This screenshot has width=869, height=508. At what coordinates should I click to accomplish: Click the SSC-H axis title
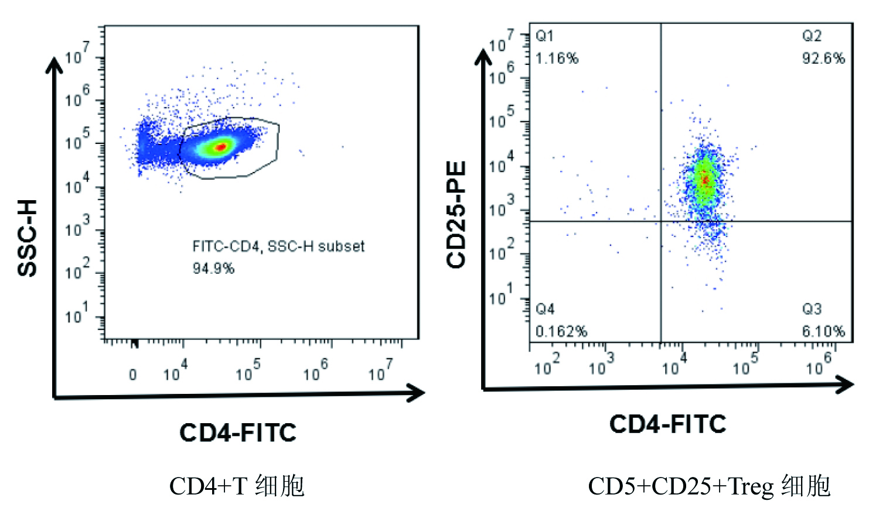28,237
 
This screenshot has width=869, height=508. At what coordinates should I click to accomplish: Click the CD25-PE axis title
456,214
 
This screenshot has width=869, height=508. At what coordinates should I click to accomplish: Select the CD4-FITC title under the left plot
238,433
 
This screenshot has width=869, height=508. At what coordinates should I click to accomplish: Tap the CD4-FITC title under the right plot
667,424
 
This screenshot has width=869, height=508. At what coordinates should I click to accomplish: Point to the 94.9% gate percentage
213,269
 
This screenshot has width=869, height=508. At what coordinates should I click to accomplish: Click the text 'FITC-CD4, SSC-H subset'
278,246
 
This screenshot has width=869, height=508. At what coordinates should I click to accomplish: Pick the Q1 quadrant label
545,36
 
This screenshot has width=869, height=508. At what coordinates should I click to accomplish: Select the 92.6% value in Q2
823,59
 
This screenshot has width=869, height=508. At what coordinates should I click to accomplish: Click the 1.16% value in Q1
557,59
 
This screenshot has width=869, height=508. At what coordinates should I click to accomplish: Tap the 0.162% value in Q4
561,332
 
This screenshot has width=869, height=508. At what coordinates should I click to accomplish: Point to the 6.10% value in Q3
823,332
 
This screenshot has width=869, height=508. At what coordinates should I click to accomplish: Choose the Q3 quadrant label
812,309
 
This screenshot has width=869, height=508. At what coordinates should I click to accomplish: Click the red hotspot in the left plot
221,146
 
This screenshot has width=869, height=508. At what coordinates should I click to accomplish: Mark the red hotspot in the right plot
706,180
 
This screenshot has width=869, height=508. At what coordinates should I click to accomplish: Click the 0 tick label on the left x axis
133,375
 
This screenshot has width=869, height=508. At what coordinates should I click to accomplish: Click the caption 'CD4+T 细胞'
237,486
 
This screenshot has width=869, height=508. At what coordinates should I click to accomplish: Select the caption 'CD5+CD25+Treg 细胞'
709,486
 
